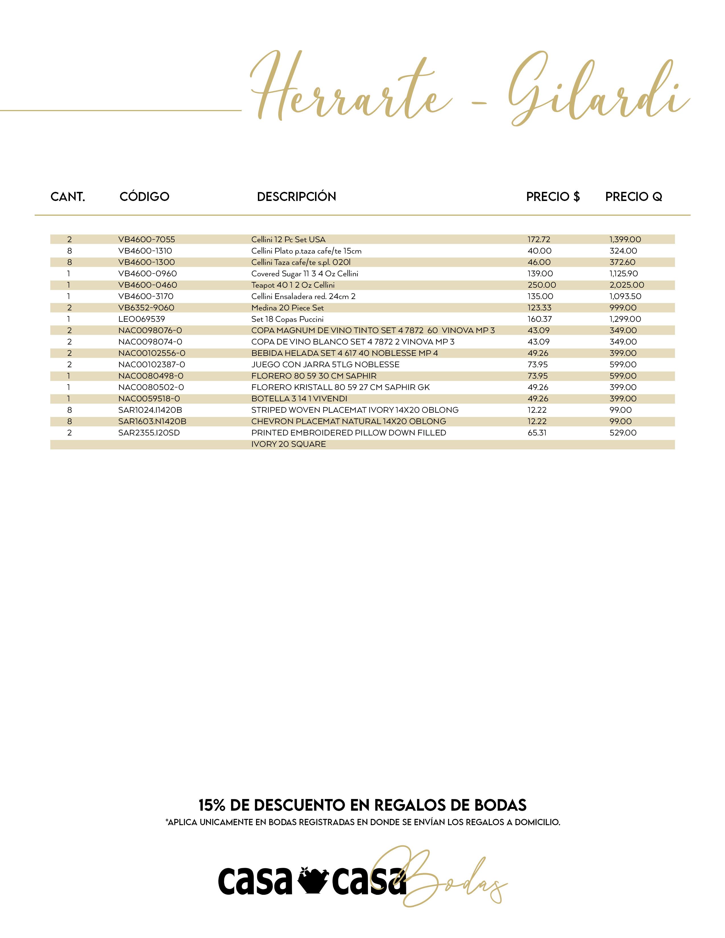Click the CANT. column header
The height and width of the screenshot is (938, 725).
pyautogui.click(x=68, y=197)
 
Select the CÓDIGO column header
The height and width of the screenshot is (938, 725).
pyautogui.click(x=144, y=197)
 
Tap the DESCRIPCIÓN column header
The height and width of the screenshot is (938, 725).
pyautogui.click(x=296, y=197)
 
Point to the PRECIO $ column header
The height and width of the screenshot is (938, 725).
pyautogui.click(x=553, y=197)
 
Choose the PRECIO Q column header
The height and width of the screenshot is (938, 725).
pyautogui.click(x=633, y=197)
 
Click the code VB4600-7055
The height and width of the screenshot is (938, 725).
pyautogui.click(x=146, y=240)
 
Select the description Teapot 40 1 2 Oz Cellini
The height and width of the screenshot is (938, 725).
pyautogui.click(x=293, y=285)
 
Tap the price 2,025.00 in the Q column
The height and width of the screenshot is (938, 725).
pyautogui.click(x=627, y=285)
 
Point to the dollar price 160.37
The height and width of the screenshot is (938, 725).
pyautogui.click(x=539, y=319)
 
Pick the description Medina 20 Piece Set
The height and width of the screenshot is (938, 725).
pyautogui.click(x=287, y=308)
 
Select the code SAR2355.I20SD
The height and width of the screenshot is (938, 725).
pyautogui.click(x=149, y=433)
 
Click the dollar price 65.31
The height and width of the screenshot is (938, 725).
pyautogui.click(x=537, y=433)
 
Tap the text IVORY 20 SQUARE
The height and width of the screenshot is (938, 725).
pyautogui.click(x=289, y=444)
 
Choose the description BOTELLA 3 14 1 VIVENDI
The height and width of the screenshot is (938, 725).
pyautogui.click(x=299, y=399)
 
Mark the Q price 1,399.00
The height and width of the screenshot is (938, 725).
pyautogui.click(x=625, y=240)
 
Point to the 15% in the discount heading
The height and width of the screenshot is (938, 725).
pyautogui.click(x=212, y=805)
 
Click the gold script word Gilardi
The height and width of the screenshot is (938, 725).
pyautogui.click(x=597, y=92)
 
